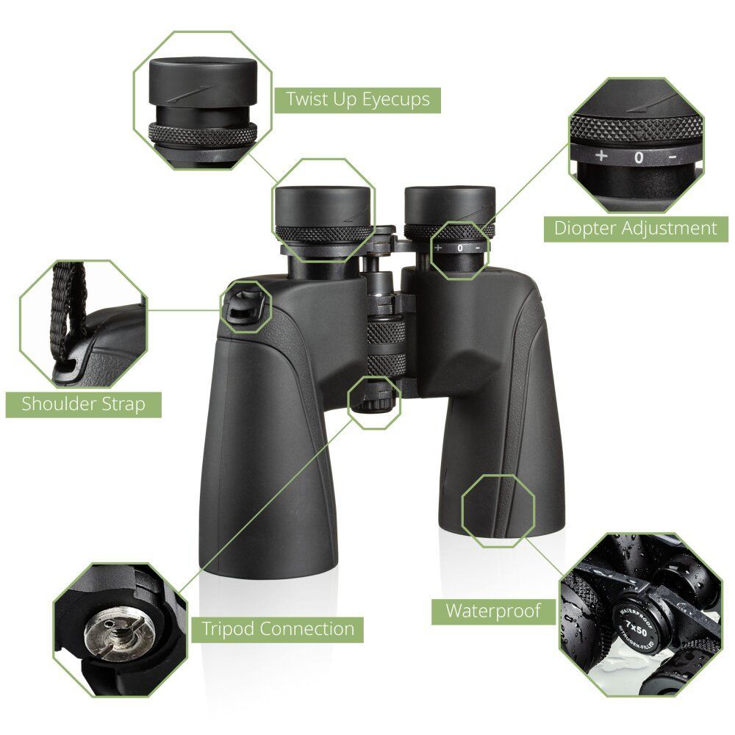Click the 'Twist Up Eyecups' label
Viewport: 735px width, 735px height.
click(358, 100)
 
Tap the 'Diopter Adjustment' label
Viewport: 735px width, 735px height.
click(636, 229)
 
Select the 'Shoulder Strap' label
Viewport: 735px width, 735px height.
click(84, 404)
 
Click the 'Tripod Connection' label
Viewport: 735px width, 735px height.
click(278, 629)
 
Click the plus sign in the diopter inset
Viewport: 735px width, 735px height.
click(601, 156)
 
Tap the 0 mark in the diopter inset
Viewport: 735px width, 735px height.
click(639, 157)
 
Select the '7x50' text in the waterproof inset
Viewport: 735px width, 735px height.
click(636, 629)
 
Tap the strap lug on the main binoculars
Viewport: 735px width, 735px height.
click(245, 307)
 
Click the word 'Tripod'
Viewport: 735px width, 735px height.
click(228, 630)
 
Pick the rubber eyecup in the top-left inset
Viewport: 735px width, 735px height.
click(203, 82)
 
